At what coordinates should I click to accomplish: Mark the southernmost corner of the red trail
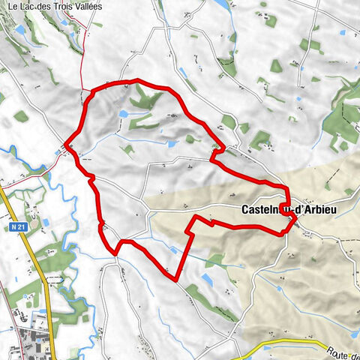coord(176,280)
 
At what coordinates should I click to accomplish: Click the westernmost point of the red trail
coord(67,142)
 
